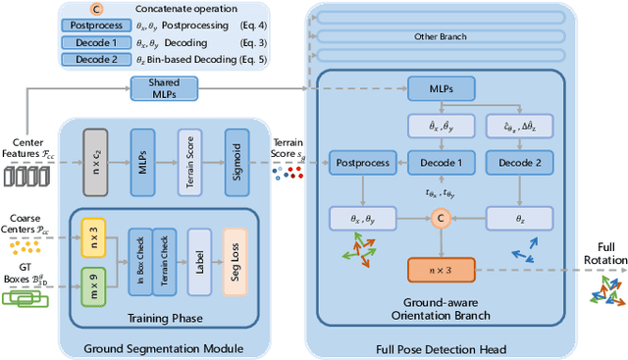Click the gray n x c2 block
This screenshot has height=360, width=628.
(93, 153)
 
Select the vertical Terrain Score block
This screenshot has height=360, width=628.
(191, 153)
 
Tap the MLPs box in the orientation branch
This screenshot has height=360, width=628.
(441, 89)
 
